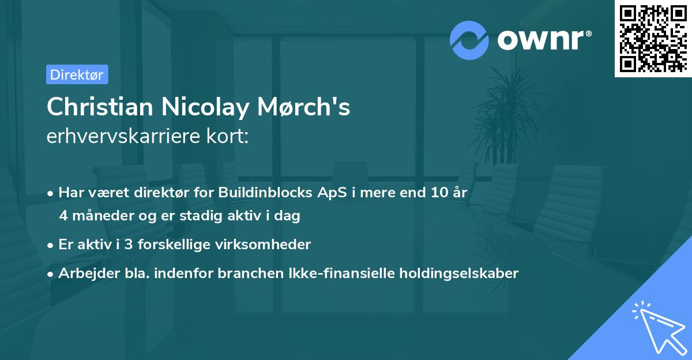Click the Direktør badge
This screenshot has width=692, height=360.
[x=77, y=74]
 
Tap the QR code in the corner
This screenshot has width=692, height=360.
[x=653, y=38]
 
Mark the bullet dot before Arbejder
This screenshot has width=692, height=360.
[x=51, y=274]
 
